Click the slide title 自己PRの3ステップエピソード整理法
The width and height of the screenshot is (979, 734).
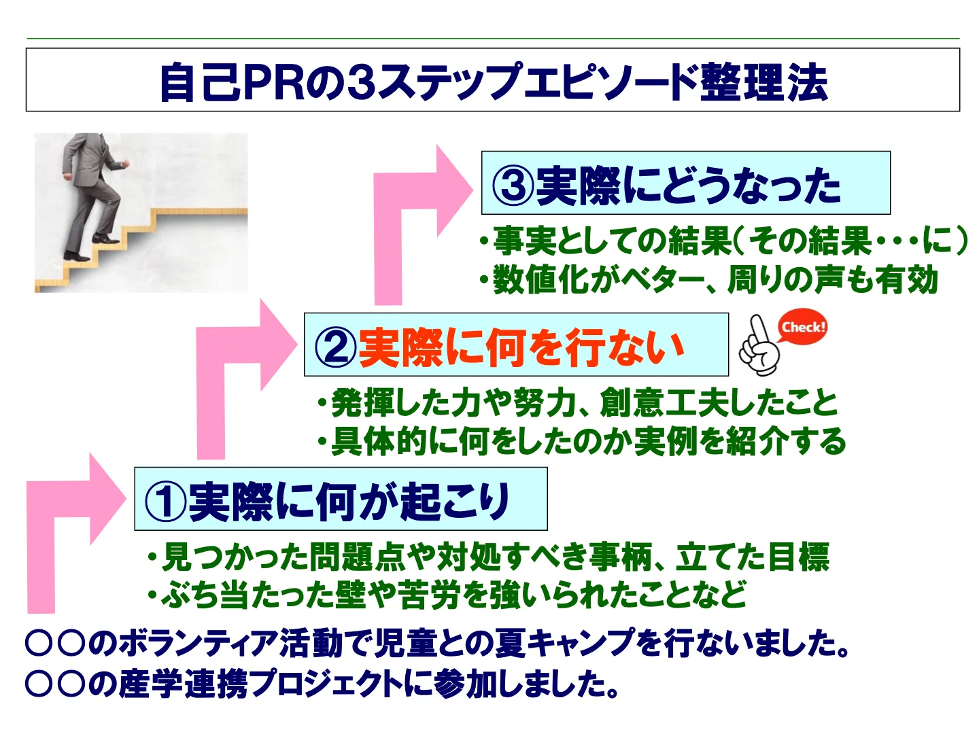tap(494, 82)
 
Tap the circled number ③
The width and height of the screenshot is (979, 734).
tap(513, 185)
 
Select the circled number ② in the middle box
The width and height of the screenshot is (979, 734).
tap(335, 347)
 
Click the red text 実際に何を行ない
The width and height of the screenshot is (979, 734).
tap(521, 347)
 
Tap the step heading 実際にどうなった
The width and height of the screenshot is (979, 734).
tap(688, 186)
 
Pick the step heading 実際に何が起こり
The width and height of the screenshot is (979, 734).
tap(349, 502)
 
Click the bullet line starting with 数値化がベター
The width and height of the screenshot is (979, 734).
tap(708, 279)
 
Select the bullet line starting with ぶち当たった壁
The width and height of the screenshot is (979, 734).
tap(447, 594)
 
